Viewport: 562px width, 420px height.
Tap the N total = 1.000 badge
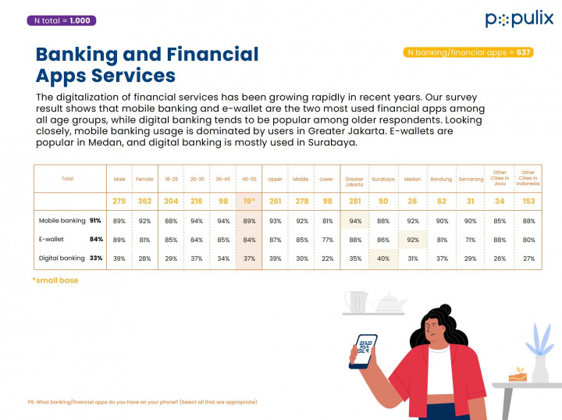coord(62,20)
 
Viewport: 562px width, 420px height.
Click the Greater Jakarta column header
coord(354,179)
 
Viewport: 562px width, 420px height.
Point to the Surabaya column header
coord(383,179)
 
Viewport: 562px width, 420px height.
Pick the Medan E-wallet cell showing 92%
coord(413,240)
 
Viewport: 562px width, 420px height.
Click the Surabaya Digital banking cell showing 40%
coord(383,258)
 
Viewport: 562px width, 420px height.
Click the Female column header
coord(144,179)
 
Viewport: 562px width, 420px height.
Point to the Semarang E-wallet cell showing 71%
coord(471,240)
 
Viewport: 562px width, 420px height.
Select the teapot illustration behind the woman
coord(388,303)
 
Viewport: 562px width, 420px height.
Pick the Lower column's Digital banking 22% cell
coord(326,258)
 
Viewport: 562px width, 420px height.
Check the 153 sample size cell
coord(528,201)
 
